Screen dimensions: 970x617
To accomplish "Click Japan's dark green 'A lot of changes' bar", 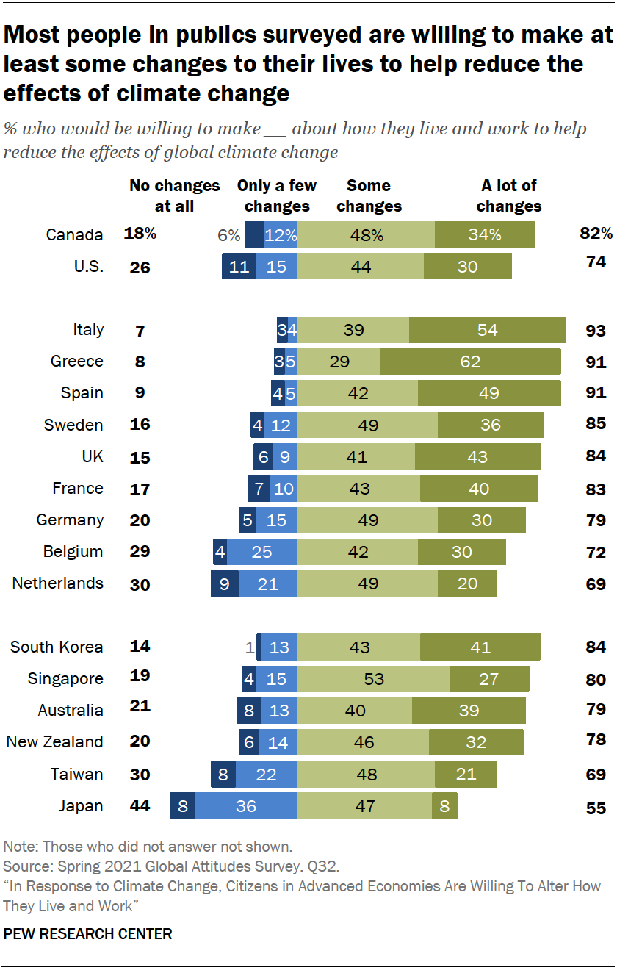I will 444,806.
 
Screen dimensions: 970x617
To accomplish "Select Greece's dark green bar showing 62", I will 471,362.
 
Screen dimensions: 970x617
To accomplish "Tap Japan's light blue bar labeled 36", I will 245,806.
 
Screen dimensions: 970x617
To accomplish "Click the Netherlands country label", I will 58,583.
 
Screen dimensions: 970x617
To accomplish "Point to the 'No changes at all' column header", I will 174,195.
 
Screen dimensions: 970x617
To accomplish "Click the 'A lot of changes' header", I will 508,195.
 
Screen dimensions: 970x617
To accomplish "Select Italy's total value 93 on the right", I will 596,331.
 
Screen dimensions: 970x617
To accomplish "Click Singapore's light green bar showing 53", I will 373,679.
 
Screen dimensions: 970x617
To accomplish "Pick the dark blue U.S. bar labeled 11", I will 239,267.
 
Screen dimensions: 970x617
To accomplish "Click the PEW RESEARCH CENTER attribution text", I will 87,935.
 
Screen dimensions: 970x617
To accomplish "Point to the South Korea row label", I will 57,647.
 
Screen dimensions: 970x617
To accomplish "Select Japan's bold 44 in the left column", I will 140,806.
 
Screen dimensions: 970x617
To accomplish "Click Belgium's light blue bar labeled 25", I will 262,552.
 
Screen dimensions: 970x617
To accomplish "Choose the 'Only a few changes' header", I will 277,195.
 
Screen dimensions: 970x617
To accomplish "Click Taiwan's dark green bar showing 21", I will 466,774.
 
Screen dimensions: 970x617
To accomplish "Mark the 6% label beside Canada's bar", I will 229,235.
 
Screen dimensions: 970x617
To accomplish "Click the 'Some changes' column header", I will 369,195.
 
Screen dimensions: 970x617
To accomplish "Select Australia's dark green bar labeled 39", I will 469,711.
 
